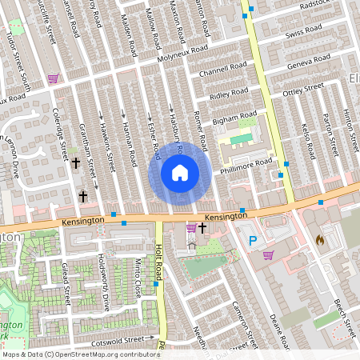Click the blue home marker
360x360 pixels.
[x=180, y=173]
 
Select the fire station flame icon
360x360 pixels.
[x=320, y=239]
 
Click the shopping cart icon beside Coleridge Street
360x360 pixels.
[x=53, y=78]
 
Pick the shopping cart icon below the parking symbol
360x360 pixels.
[x=268, y=256]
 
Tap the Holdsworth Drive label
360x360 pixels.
[x=103, y=283]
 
